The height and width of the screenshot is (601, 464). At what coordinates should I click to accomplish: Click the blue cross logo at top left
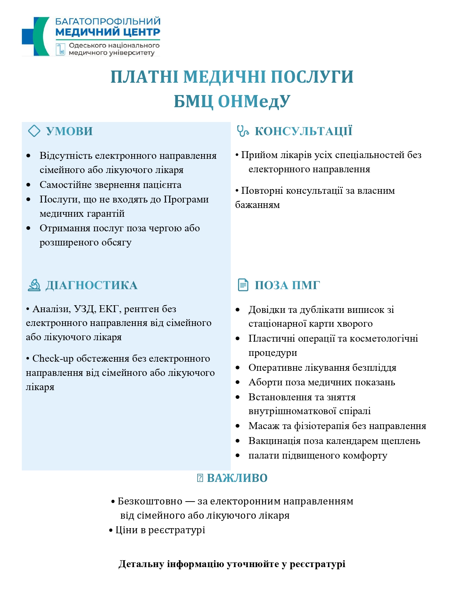35,36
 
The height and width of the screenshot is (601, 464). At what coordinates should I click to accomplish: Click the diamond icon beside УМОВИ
34,131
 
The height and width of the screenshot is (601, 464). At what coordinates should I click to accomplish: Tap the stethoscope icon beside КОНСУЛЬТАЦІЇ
242,131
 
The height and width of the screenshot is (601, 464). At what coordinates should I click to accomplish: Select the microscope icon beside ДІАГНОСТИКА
34,285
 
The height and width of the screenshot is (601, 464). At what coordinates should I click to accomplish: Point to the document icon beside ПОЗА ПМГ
243,285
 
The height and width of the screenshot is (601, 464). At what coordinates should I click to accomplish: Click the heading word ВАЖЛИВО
237,478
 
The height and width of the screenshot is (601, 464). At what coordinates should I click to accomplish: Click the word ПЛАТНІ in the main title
144,77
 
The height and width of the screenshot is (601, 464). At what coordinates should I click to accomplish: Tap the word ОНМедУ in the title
254,102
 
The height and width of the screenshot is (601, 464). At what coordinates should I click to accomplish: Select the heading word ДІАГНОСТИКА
91,285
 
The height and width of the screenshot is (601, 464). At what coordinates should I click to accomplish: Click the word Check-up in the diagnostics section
53,359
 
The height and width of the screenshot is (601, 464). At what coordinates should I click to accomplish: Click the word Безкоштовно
150,502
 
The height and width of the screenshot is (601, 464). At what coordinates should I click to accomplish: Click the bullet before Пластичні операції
238,339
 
